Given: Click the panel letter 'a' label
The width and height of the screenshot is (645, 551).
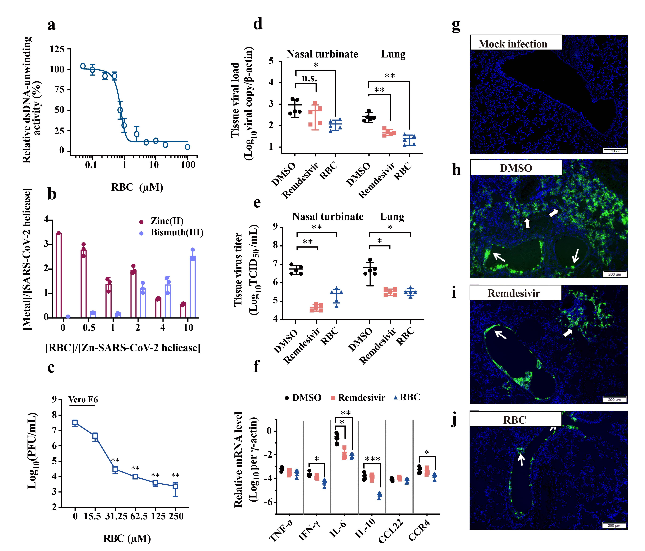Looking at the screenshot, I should point(51,25).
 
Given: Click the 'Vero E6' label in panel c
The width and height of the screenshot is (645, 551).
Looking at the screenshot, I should point(83,400).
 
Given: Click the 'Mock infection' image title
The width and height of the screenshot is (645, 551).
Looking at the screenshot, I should point(513,44).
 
